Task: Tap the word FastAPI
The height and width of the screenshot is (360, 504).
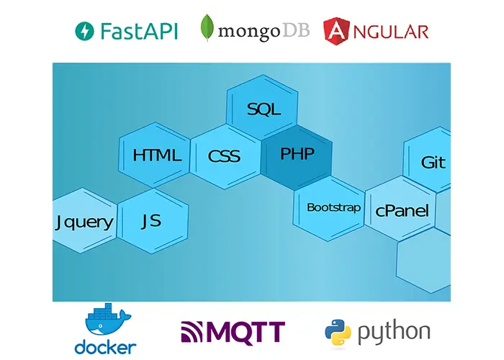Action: point(139,31)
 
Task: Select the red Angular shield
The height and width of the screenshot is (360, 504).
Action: point(337,30)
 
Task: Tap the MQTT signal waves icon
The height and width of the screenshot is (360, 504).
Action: point(192,332)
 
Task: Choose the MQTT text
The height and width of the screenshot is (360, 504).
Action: point(245,333)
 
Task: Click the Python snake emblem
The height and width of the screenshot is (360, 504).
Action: point(338,332)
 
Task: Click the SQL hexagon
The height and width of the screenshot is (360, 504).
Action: point(263,109)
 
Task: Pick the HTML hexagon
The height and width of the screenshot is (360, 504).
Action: point(156,156)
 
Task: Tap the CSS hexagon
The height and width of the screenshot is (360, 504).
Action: point(224,156)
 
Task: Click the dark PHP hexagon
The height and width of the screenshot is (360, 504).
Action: point(297,153)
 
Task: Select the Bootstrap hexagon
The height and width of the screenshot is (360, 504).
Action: point(333,207)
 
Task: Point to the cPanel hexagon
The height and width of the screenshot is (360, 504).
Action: point(402,211)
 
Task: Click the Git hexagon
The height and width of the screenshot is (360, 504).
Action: point(433,163)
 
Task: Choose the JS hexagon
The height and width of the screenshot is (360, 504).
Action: point(151,221)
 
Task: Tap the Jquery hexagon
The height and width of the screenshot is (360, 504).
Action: point(84,221)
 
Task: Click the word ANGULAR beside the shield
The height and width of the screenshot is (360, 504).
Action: point(394,31)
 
